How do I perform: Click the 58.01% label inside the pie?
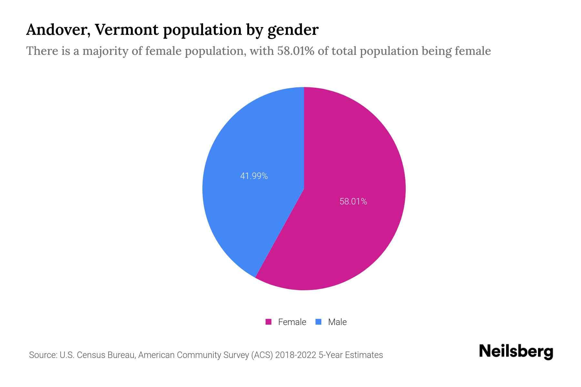[x=353, y=202]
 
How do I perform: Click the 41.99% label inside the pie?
[x=254, y=176]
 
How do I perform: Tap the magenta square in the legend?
[x=268, y=322]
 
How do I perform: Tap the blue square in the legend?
[x=318, y=322]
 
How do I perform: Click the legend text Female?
[x=292, y=322]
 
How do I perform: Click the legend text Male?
[x=337, y=322]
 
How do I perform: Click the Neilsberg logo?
[x=516, y=352]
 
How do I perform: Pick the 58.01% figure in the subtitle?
[x=295, y=51]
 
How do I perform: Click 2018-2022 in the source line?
[x=295, y=355]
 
